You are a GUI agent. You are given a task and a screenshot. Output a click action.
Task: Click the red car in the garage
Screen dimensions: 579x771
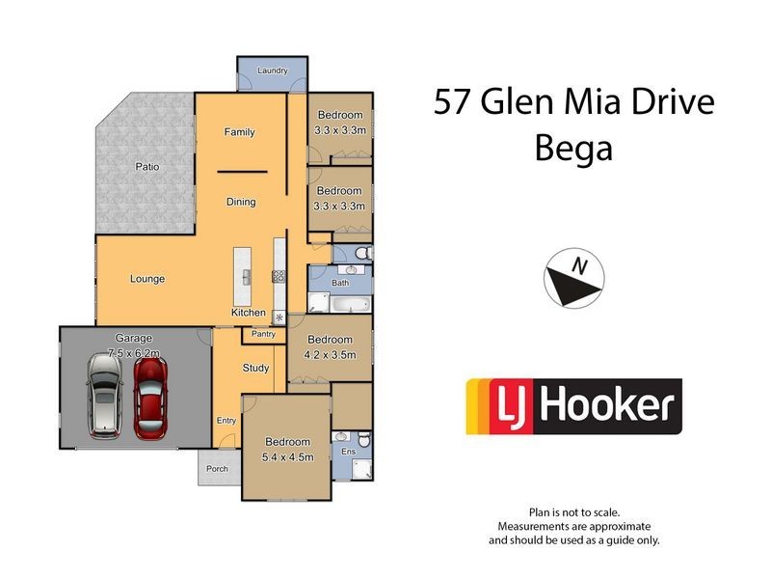[x=149, y=396]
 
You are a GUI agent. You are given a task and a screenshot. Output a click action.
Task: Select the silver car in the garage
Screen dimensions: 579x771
[x=104, y=396]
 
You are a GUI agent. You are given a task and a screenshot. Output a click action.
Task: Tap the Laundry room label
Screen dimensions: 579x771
[x=273, y=70]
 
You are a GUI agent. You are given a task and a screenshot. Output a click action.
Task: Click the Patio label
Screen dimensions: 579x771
[x=146, y=167]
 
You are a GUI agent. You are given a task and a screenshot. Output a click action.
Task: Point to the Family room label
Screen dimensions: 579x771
[x=239, y=132]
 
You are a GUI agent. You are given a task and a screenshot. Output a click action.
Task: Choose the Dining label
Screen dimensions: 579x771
[x=241, y=202]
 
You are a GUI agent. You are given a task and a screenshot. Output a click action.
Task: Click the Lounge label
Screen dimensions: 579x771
[x=147, y=279]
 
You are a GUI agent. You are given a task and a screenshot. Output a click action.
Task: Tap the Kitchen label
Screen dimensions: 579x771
[x=248, y=313]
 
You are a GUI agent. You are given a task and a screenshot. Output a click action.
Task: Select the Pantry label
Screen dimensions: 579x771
[x=263, y=334]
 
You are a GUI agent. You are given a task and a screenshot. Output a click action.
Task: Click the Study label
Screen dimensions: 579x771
[x=255, y=367]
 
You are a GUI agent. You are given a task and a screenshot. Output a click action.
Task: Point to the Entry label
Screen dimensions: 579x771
[x=226, y=420]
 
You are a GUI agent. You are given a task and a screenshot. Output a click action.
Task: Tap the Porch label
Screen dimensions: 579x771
[x=218, y=470]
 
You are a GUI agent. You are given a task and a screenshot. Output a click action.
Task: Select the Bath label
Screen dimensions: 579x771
[x=340, y=283]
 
